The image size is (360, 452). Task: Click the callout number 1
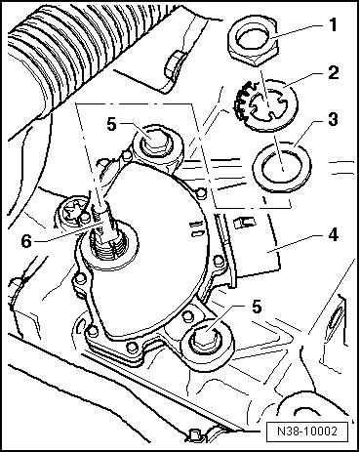click(333, 24)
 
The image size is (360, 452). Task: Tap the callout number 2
click(333, 72)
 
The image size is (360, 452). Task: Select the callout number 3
click(333, 119)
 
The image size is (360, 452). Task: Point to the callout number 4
click(333, 234)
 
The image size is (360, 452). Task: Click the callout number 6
click(26, 241)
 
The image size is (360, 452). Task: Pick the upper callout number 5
click(111, 124)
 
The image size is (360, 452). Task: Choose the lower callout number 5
click(257, 307)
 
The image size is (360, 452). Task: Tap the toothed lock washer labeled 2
click(265, 104)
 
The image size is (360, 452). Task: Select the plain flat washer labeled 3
click(282, 166)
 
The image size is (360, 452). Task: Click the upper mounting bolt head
click(155, 144)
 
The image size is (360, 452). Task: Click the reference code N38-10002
click(307, 431)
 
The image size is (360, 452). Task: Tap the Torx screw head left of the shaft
click(74, 214)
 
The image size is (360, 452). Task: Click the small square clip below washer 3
click(245, 223)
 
